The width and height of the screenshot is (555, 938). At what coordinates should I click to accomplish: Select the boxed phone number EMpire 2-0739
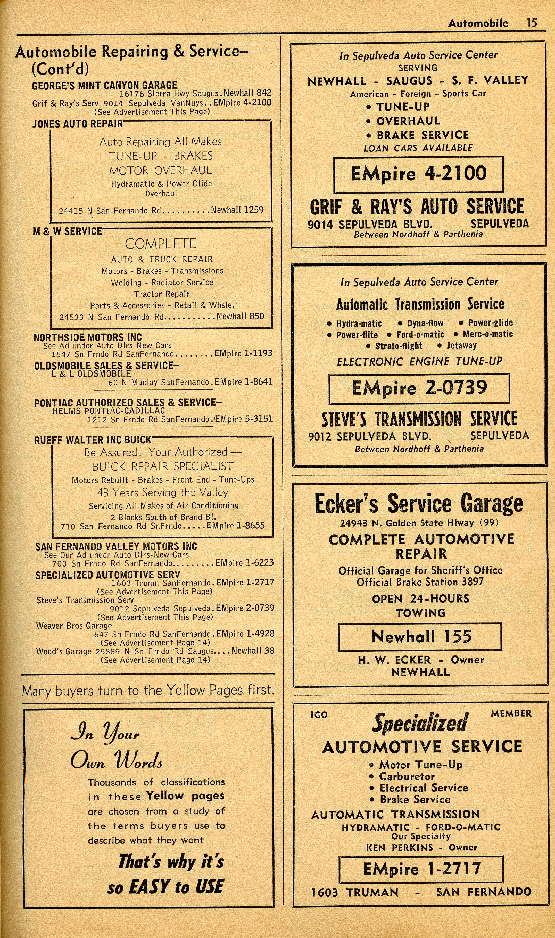tap(419, 388)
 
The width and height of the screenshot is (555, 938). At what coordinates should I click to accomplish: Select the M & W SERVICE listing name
tap(67, 231)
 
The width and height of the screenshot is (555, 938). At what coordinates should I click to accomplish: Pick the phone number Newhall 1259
tap(237, 210)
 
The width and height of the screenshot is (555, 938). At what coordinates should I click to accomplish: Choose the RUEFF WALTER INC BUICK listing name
tap(93, 440)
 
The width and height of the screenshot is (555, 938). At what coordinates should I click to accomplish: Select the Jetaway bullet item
tap(461, 345)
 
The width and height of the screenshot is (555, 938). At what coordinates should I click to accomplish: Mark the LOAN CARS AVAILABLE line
tap(418, 148)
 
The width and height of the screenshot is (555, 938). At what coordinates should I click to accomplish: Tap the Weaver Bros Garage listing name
tap(74, 625)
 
